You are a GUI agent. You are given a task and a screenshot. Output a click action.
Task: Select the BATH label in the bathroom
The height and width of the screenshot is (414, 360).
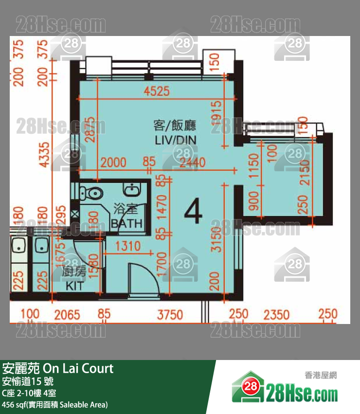click(126, 223)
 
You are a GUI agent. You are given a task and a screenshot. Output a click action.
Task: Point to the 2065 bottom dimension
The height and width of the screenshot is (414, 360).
click(67, 315)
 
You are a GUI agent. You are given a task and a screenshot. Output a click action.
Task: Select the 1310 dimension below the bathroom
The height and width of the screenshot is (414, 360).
click(127, 247)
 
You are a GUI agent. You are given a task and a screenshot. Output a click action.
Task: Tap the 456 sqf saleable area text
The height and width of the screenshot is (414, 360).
click(55, 404)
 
